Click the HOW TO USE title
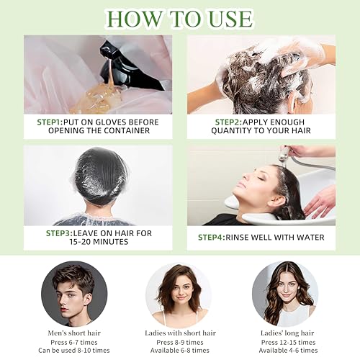[x=179, y=17]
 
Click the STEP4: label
[x=217, y=237]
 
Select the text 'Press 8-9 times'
[x=179, y=341]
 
